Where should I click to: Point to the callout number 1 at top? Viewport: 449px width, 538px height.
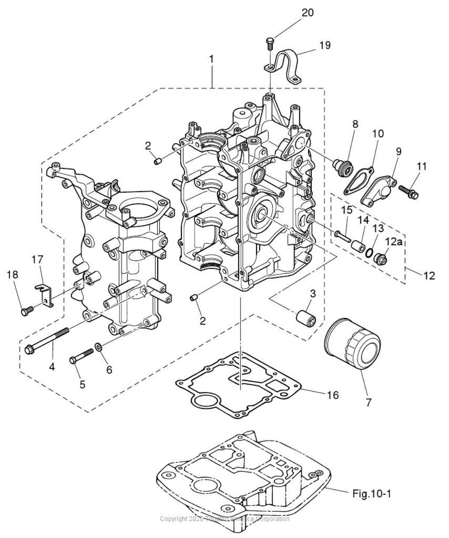tap(211, 59)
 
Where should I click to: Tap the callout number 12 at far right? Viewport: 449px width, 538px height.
tap(429, 276)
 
